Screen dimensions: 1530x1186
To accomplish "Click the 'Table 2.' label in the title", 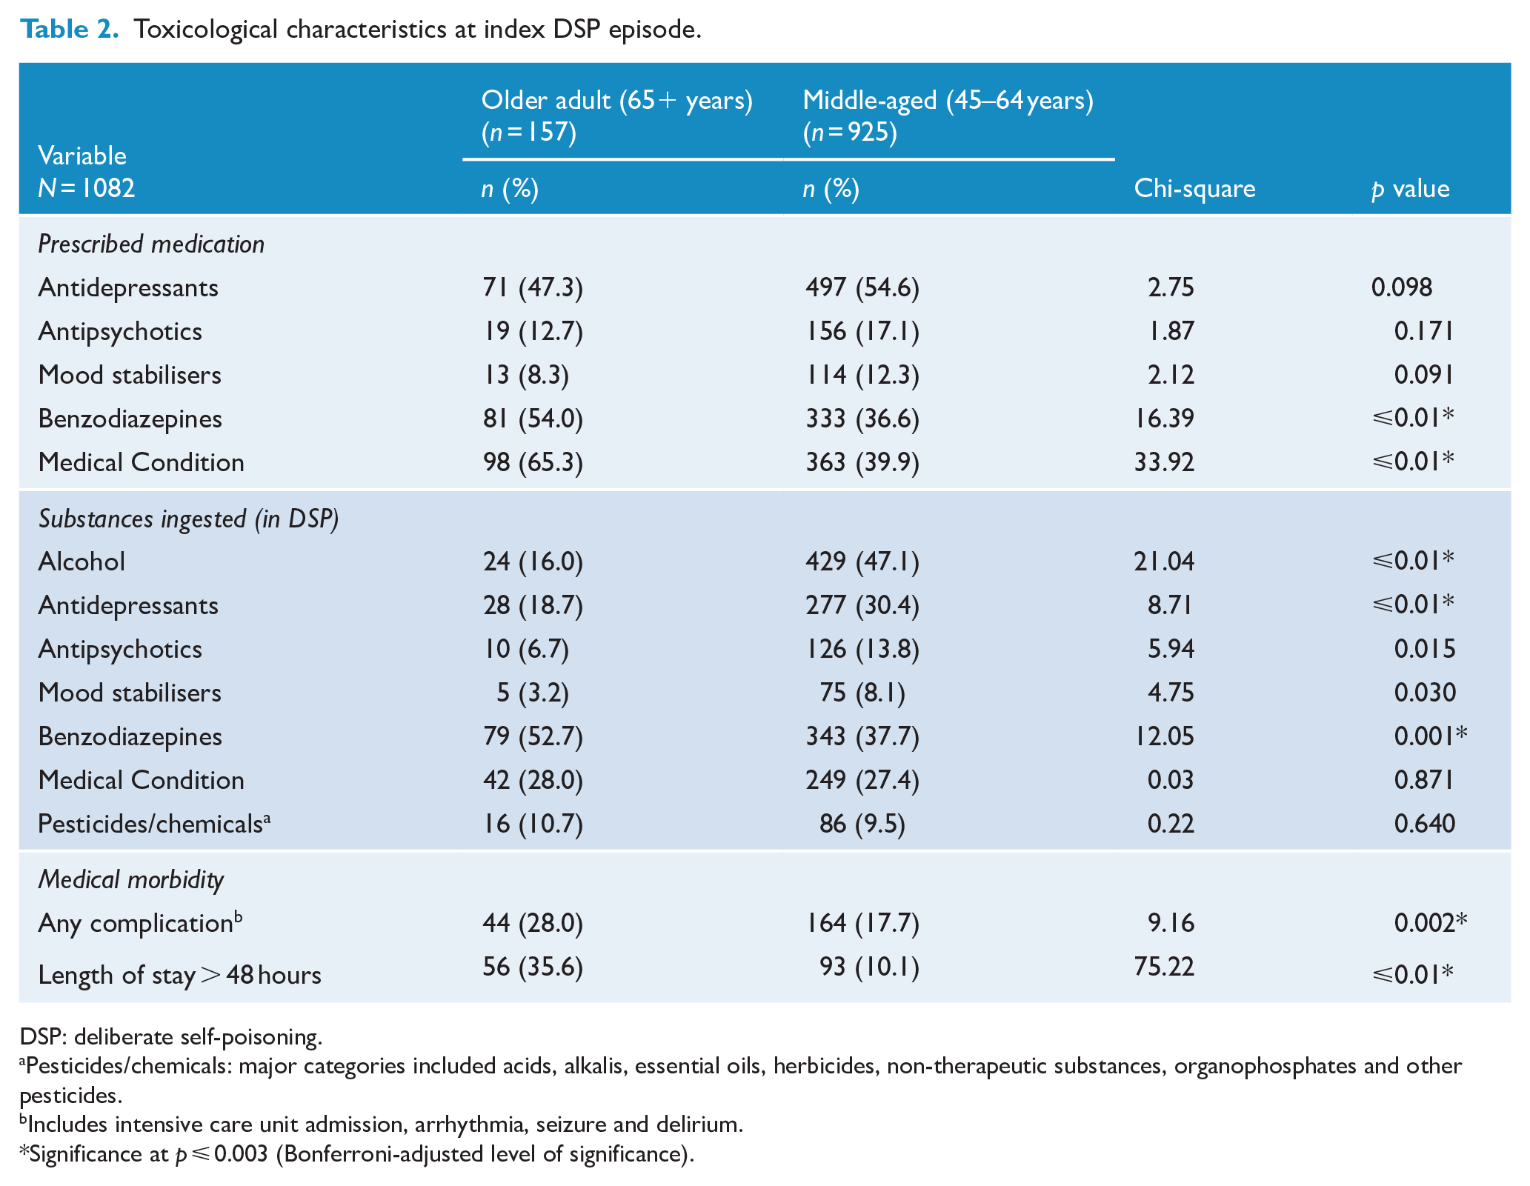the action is pyautogui.click(x=69, y=29).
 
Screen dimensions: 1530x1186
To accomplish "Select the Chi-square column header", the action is pyautogui.click(x=1194, y=189).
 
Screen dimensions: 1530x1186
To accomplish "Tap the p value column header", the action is pyautogui.click(x=1410, y=189).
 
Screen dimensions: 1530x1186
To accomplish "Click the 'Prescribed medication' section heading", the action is pyautogui.click(x=151, y=244).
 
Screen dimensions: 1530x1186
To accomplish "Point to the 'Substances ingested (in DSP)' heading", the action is pyautogui.click(x=188, y=519).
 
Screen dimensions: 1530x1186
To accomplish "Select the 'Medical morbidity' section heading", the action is pyautogui.click(x=131, y=879).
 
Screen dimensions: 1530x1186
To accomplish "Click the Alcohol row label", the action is pyautogui.click(x=82, y=562).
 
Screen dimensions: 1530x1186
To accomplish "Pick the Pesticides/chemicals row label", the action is pyautogui.click(x=154, y=824).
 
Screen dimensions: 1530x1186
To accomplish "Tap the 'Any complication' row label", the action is pyautogui.click(x=140, y=922).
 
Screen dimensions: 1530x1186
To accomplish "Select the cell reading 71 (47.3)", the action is pyautogui.click(x=533, y=287).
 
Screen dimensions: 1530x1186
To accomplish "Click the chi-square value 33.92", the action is pyautogui.click(x=1164, y=462).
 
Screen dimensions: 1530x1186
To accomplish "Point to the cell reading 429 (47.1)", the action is pyautogui.click(x=862, y=562).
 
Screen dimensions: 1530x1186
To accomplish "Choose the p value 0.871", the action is pyautogui.click(x=1425, y=780).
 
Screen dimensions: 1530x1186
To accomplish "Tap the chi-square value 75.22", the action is pyautogui.click(x=1164, y=967).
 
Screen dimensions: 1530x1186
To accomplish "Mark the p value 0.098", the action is pyautogui.click(x=1402, y=287).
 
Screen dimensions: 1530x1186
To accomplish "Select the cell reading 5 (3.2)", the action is pyautogui.click(x=533, y=693).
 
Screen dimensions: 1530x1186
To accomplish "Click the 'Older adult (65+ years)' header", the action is pyautogui.click(x=616, y=100).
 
